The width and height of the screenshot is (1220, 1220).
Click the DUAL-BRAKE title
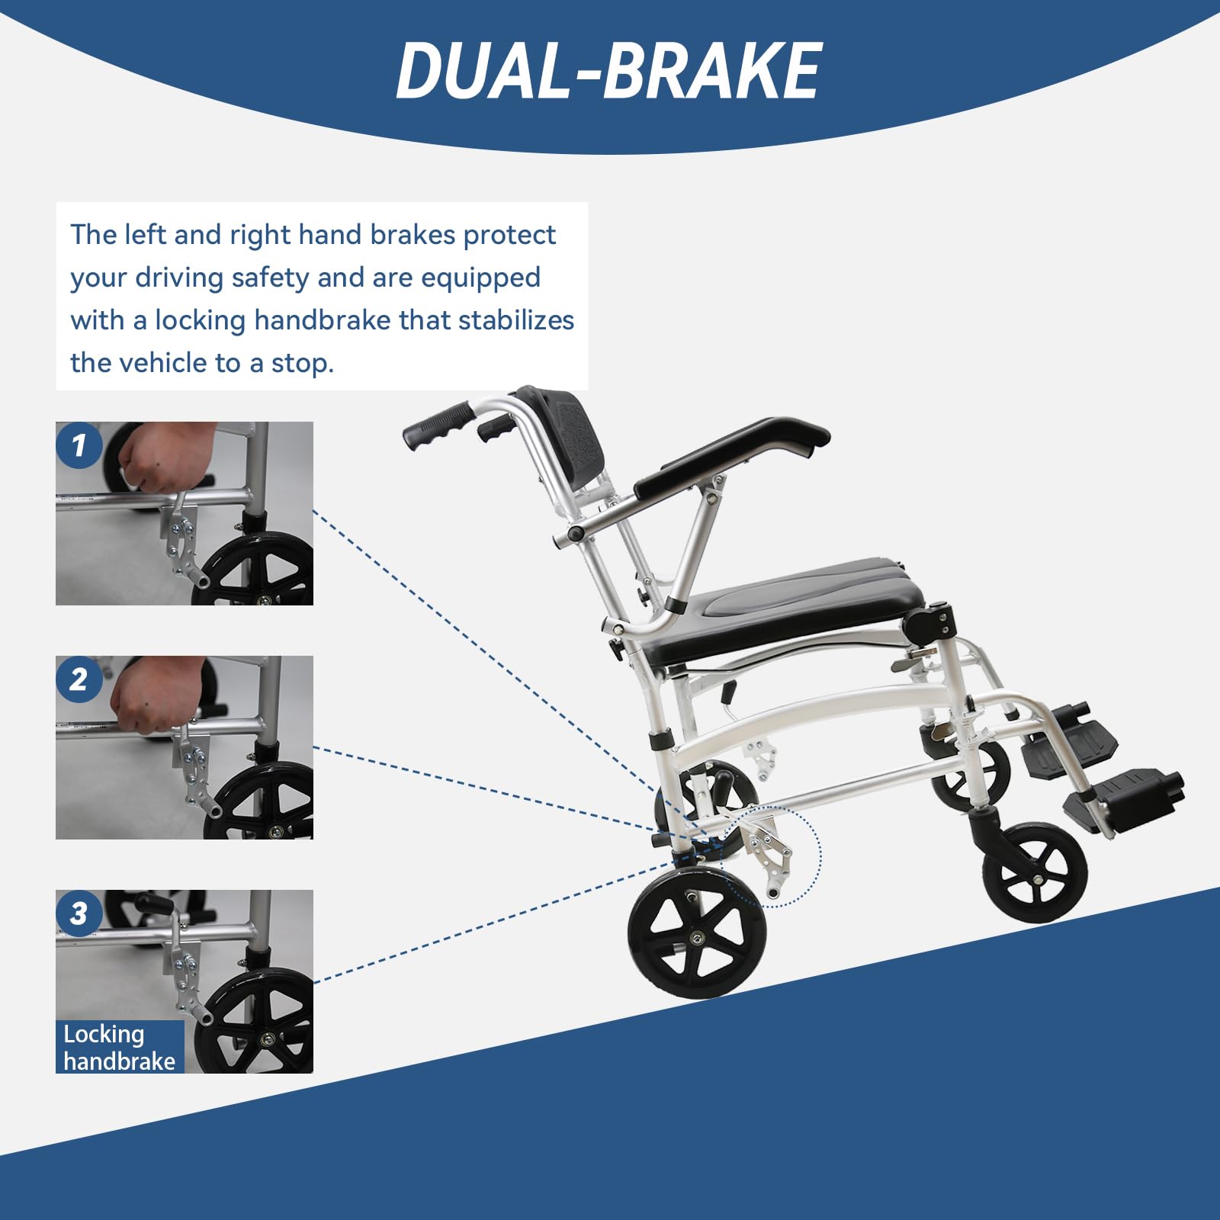[608, 71]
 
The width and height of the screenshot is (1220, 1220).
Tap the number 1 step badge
[79, 445]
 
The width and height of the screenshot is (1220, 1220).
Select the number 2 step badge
[79, 679]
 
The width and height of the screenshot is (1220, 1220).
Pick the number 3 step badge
[79, 913]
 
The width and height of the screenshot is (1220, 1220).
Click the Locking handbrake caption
[119, 1048]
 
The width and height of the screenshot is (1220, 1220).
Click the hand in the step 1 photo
[152, 461]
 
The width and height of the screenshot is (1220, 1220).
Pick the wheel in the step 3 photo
[259, 1022]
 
